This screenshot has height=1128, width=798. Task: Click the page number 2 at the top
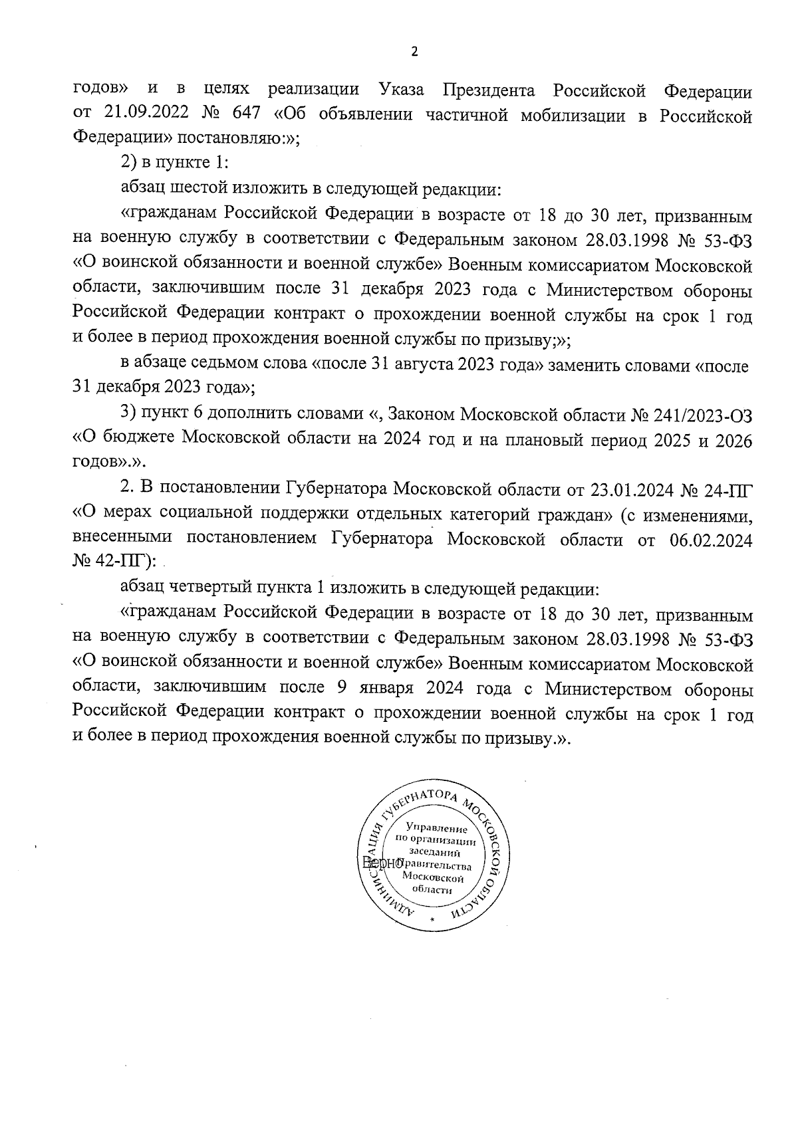(414, 53)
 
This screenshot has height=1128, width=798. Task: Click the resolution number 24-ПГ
(730, 490)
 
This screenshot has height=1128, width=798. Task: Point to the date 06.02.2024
(708, 540)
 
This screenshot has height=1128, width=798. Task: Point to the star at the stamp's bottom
(432, 920)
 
